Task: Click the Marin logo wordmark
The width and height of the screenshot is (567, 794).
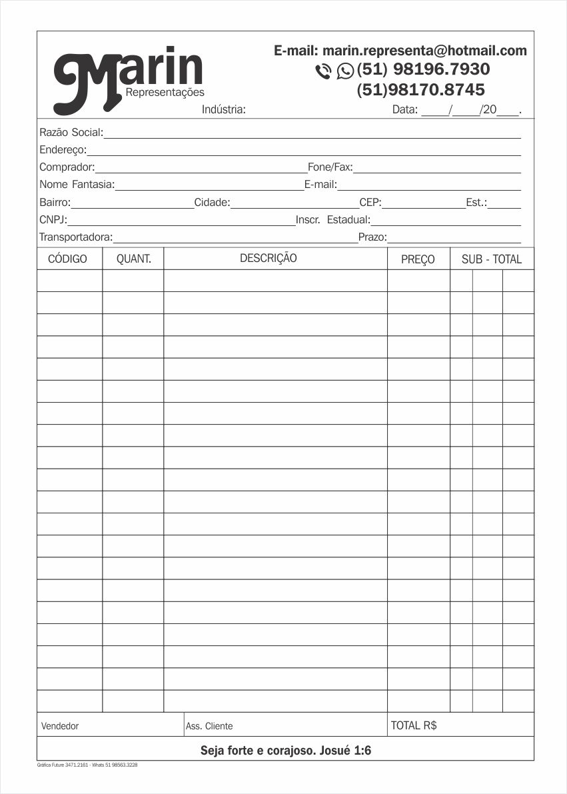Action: pos(128,77)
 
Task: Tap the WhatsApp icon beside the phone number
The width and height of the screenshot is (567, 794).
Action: pos(345,70)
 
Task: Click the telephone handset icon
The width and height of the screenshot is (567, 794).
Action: pos(323,71)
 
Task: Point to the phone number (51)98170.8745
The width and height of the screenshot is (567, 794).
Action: pos(420,89)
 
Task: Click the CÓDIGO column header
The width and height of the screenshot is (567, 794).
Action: pos(68,259)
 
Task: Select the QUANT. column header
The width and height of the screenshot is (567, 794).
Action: pos(134,259)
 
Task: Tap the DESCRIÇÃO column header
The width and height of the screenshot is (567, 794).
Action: pos(269,258)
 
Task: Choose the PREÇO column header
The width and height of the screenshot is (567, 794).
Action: pos(418,259)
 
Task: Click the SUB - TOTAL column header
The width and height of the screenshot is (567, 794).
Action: pos(492,259)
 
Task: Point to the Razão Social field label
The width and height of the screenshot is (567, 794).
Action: pos(71,133)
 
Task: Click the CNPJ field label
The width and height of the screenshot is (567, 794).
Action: pos(53,219)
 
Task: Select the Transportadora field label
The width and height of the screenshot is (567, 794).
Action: pos(75,237)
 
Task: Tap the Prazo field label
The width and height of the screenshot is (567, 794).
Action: pos(372,237)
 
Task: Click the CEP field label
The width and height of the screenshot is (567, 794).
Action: pos(370,202)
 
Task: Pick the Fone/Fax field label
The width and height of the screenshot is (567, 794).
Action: pos(330,167)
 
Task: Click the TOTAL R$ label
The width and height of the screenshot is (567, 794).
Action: pos(414,725)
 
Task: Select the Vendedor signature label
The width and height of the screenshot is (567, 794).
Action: pos(60,726)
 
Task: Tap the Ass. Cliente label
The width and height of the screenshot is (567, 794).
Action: pos(209,726)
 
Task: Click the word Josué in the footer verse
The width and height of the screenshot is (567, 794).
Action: pos(334,751)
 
